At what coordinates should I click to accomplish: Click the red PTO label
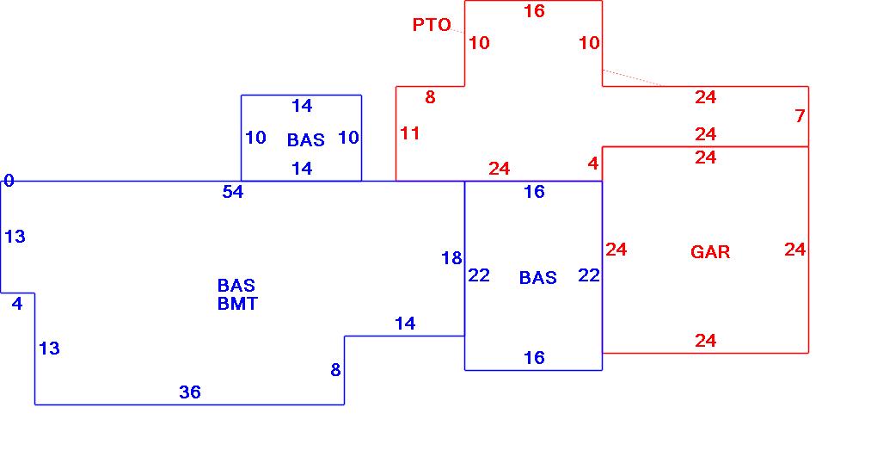click(432, 25)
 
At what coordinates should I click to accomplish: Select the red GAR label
click(710, 252)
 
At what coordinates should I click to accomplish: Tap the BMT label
click(237, 304)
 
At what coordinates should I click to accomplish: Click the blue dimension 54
click(233, 192)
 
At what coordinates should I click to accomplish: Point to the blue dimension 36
click(190, 392)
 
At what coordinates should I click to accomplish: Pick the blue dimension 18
click(451, 258)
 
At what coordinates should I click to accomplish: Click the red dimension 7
click(800, 115)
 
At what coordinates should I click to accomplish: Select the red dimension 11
click(410, 133)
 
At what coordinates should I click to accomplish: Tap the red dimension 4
click(593, 164)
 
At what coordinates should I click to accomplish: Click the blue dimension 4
click(17, 303)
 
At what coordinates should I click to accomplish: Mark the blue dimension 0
click(9, 181)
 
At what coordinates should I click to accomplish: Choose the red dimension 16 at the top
click(534, 11)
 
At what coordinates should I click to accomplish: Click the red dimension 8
click(430, 97)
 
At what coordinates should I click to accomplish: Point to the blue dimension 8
click(335, 370)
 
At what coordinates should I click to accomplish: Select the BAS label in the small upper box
click(306, 139)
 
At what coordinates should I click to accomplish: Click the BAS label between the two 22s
click(538, 277)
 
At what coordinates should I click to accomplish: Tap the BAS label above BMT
click(236, 285)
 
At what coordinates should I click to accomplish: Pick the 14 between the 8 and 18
click(405, 324)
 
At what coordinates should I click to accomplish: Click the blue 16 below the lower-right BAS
click(534, 357)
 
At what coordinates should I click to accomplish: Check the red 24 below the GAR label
click(706, 341)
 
